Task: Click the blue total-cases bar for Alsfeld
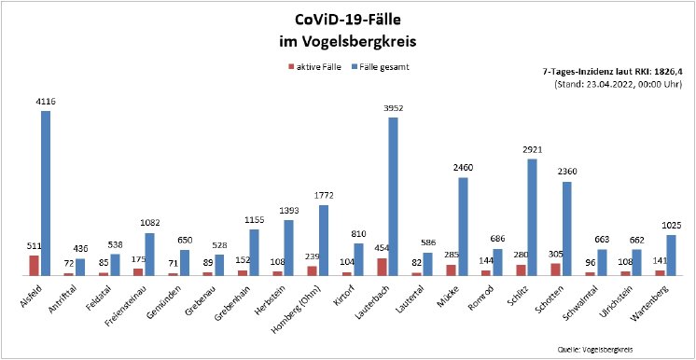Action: [x=45, y=194]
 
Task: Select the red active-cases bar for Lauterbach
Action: [x=382, y=267]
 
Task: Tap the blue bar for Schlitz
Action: [x=533, y=217]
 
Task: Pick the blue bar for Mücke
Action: [x=463, y=227]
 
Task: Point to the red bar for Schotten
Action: [x=556, y=270]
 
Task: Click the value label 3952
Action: [x=393, y=108]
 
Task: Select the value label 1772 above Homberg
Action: [x=323, y=196]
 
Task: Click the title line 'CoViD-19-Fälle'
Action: [x=347, y=20]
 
